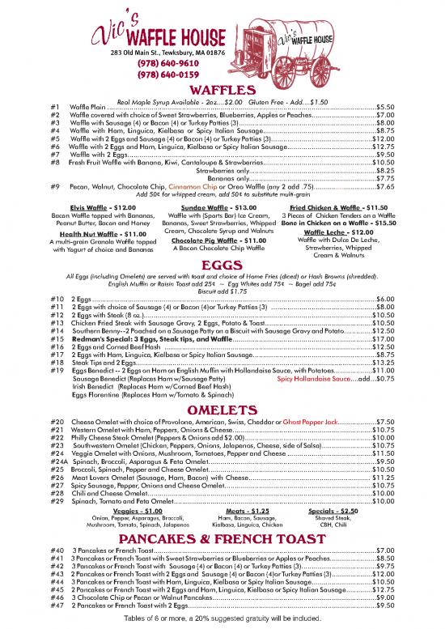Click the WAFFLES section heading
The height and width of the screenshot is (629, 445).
(x=222, y=91)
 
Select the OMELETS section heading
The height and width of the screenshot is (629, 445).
(x=222, y=410)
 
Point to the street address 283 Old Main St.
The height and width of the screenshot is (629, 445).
(x=159, y=52)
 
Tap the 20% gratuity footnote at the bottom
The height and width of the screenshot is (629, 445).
(x=222, y=618)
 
